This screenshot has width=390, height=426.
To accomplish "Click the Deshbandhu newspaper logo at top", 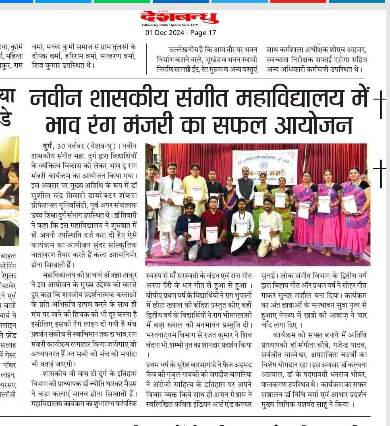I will [179, 17].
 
